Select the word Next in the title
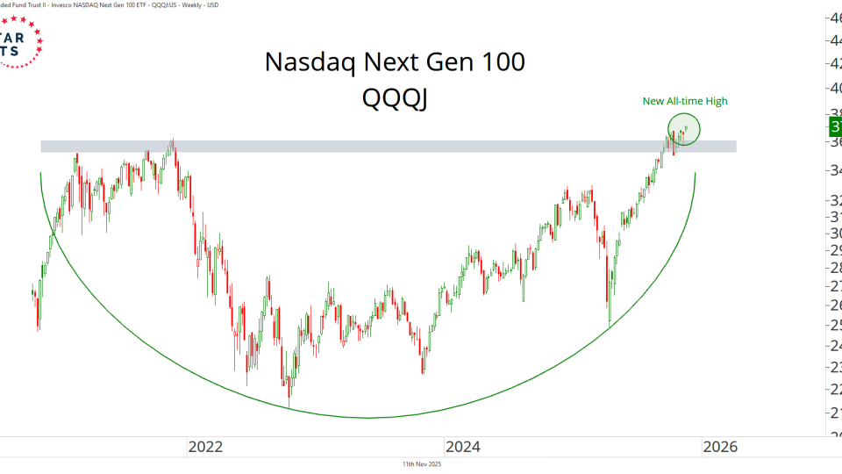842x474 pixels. [x=406, y=63]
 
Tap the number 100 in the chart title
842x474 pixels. [x=497, y=63]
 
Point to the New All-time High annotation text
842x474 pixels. [x=685, y=101]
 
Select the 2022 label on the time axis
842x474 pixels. [x=206, y=447]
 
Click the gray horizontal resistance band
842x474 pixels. [x=386, y=146]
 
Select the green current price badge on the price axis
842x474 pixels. [x=834, y=127]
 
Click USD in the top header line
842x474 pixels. [x=210, y=5]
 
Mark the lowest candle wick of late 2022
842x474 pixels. [x=289, y=406]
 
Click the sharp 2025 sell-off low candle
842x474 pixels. [x=610, y=325]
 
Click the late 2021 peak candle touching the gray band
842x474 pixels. [x=173, y=140]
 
